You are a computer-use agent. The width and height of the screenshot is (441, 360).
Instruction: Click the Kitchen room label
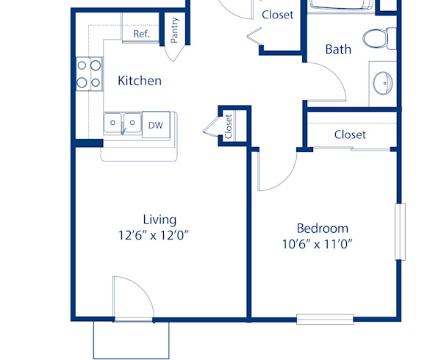coord(140,80)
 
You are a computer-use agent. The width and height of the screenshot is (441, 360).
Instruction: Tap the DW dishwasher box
coord(155,125)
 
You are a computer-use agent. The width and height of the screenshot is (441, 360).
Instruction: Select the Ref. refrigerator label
coord(141,34)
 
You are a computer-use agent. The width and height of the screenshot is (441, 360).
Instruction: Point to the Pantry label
coord(174,32)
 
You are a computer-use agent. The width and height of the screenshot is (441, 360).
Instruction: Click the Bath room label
coord(338,49)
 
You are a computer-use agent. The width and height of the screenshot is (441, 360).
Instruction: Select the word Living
coord(159,219)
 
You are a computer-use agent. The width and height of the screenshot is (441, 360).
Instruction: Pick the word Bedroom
coord(322,228)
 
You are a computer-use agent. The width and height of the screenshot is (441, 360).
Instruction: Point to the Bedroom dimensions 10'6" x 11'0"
coord(322,244)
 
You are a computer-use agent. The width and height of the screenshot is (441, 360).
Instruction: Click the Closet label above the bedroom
coord(350,134)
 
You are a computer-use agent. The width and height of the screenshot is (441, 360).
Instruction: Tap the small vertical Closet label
coord(229,126)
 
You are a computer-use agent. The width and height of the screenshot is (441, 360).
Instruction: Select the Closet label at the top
coord(277,14)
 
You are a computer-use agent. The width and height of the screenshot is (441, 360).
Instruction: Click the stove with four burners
coord(89,73)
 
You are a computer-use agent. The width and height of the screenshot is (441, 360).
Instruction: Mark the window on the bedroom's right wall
coord(400,231)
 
